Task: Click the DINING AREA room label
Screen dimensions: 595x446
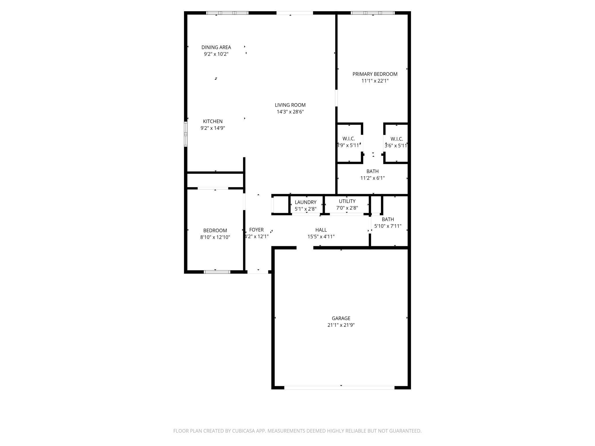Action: (x=216, y=47)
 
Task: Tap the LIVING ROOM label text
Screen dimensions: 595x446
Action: (x=290, y=105)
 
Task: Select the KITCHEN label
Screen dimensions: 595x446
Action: (x=213, y=122)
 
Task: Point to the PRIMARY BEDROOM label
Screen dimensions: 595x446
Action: (x=375, y=74)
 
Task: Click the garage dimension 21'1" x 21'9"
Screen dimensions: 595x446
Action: (x=341, y=325)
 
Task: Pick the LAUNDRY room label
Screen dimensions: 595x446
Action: (x=306, y=202)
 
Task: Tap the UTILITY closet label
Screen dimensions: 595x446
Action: (x=347, y=201)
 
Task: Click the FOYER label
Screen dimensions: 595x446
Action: (x=256, y=230)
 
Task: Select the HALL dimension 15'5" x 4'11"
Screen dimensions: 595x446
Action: (x=321, y=237)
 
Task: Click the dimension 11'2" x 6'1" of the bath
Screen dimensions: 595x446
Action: (x=372, y=178)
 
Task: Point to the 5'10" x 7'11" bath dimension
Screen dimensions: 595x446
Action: (x=388, y=226)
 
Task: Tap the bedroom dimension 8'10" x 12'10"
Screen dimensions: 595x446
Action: (x=215, y=237)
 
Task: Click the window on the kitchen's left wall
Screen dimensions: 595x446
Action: (x=186, y=134)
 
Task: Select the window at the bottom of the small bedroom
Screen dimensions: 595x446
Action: (x=217, y=272)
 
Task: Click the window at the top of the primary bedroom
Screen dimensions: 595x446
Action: (x=373, y=13)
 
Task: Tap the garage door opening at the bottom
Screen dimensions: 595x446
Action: (x=339, y=388)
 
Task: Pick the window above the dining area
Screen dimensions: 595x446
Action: (x=227, y=13)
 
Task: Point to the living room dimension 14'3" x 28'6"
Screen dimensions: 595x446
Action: (x=290, y=112)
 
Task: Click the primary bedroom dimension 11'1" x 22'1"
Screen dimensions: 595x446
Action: (x=375, y=81)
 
